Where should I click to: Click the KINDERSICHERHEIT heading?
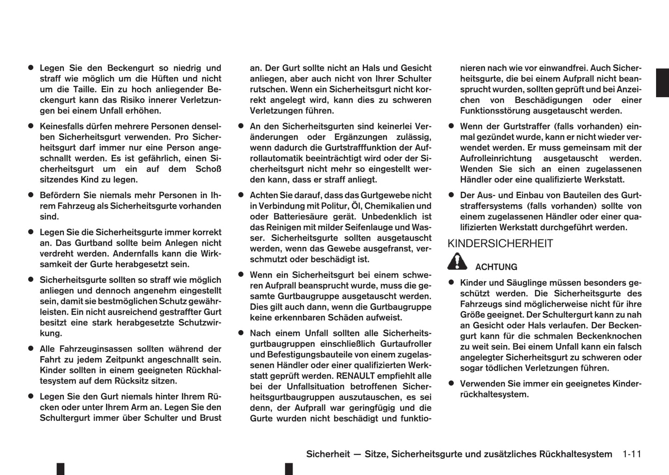pos(500,244)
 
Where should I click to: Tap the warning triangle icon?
pos(457,262)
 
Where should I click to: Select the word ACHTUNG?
pos(496,267)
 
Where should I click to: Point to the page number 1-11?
pos(631,454)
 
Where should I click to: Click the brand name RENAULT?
pos(359,376)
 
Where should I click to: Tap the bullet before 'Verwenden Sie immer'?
pos(451,383)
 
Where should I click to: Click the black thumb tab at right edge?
pos(663,82)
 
